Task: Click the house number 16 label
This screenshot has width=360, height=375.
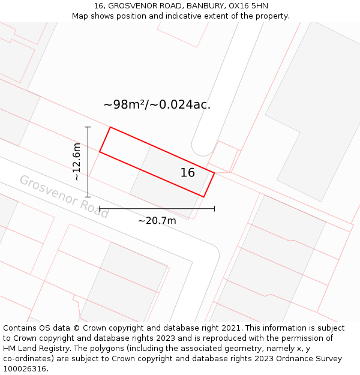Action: pyautogui.click(x=187, y=173)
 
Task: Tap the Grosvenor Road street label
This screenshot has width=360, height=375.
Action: pyautogui.click(x=64, y=196)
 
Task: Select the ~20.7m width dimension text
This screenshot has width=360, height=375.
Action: pyautogui.click(x=157, y=221)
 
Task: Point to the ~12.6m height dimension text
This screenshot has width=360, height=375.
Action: pyautogui.click(x=76, y=162)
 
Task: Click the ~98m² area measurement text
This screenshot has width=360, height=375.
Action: pyautogui.click(x=157, y=104)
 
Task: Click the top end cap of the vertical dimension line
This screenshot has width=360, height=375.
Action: pyautogui.click(x=88, y=127)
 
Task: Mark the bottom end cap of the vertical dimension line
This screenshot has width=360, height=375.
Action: pyautogui.click(x=88, y=197)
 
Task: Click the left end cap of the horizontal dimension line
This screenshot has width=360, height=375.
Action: pyautogui.click(x=100, y=209)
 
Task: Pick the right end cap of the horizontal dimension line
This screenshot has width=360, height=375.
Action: pyautogui.click(x=214, y=209)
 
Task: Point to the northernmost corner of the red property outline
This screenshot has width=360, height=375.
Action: pyautogui.click(x=110, y=127)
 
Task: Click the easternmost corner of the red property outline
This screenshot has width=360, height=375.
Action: pyautogui.click(x=214, y=173)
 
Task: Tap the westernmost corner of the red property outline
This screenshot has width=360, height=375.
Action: pyautogui.click(x=100, y=152)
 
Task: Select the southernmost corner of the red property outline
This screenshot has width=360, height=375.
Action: pyautogui.click(x=204, y=197)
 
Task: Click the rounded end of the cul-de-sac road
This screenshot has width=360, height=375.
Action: pyautogui.click(x=203, y=148)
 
